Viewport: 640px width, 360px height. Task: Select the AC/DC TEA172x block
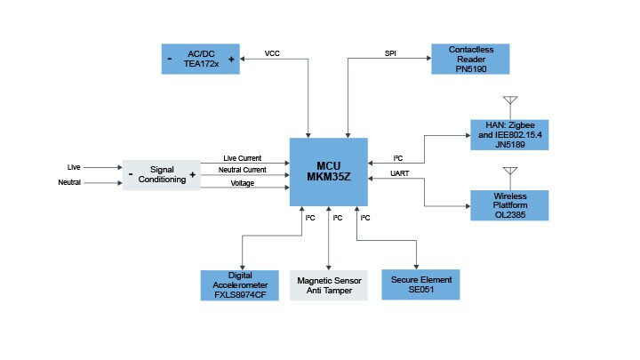(200, 59)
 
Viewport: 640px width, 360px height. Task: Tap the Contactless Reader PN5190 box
(471, 59)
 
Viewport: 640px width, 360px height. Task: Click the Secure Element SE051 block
(421, 284)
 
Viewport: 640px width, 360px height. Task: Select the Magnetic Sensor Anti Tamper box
(328, 284)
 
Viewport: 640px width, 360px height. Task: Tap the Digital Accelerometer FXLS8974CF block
(239, 284)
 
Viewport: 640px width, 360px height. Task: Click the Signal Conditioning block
(161, 174)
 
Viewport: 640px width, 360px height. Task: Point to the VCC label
(273, 53)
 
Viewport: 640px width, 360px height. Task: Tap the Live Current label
(243, 158)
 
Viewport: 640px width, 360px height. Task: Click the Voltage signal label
(243, 183)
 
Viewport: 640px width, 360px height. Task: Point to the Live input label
(75, 166)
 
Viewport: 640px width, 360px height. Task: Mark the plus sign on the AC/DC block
(231, 60)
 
